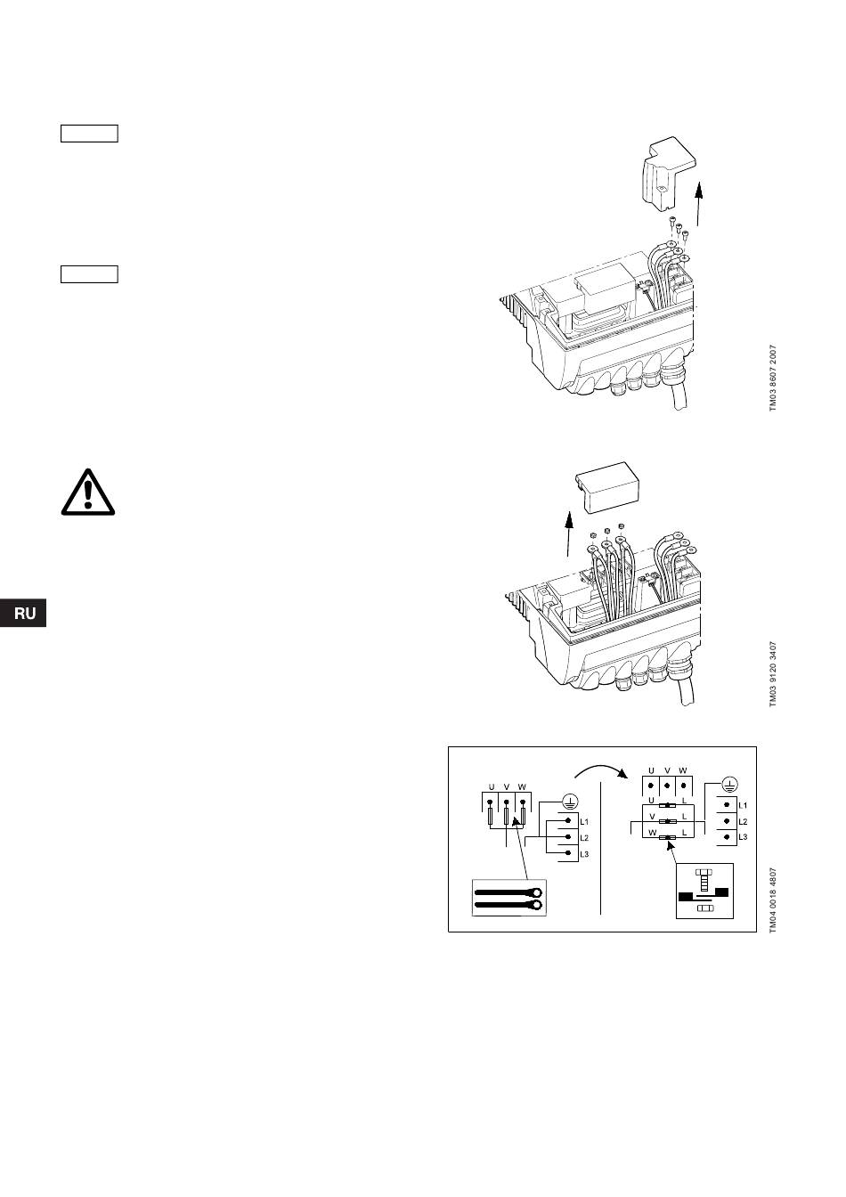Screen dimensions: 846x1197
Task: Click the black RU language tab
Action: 23,615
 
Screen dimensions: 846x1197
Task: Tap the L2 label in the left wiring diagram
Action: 584,837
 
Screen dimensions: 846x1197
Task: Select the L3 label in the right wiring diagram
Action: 744,837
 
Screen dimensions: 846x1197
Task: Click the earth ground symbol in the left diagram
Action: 568,801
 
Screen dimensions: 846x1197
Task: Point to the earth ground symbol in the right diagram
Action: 728,784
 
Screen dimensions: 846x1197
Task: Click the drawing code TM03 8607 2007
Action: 774,378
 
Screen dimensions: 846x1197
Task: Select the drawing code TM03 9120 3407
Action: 774,674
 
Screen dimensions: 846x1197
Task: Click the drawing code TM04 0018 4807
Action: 774,900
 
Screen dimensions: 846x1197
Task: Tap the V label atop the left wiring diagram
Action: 506,787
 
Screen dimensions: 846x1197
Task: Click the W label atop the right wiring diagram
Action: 682,770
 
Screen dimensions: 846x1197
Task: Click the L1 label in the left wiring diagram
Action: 584,819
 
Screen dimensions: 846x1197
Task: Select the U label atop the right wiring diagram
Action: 651,770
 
